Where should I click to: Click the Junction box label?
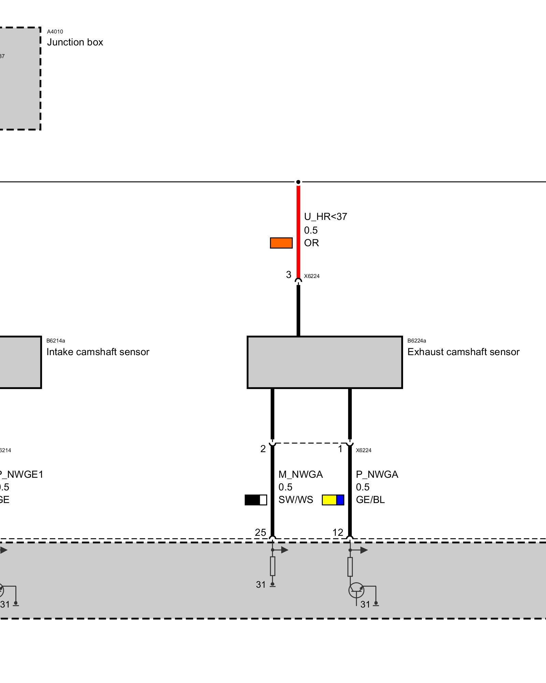[75, 42]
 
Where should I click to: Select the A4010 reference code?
[55, 32]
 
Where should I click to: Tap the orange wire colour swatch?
[281, 243]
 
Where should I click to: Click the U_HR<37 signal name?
[325, 217]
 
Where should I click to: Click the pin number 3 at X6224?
[289, 275]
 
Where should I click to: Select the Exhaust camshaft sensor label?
[463, 352]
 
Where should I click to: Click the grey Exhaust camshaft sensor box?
[325, 362]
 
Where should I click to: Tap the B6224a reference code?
[417, 340]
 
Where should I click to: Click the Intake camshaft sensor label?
[98, 352]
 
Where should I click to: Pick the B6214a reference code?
[56, 340]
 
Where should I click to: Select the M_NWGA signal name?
[300, 474]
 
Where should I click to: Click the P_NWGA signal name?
[377, 474]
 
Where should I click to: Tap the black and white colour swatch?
[256, 500]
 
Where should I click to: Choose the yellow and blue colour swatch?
[333, 500]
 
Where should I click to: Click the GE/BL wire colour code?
[370, 500]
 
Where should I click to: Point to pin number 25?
[260, 532]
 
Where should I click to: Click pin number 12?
[338, 532]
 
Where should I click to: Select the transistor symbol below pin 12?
[356, 590]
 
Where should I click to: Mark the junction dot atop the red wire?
[298, 182]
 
